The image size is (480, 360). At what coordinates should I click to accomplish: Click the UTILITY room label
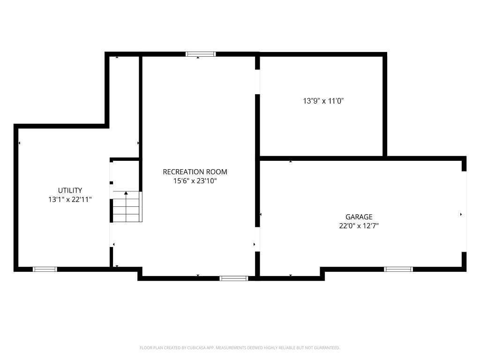tap(70, 190)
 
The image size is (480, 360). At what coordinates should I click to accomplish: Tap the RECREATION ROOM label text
tap(195, 172)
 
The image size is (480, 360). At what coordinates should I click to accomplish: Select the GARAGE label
tap(359, 217)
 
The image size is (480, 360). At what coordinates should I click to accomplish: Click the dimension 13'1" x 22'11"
tap(70, 199)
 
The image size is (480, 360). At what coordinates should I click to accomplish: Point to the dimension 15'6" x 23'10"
tap(195, 181)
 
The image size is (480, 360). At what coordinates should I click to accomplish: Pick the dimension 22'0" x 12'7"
tap(359, 225)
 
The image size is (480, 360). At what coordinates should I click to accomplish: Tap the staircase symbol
tap(127, 207)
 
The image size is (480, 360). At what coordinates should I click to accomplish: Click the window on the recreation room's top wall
tap(201, 54)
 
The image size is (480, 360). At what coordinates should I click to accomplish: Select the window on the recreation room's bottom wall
tap(233, 278)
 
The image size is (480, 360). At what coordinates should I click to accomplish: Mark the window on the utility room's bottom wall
tap(45, 269)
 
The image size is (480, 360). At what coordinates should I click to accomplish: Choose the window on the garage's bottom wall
tap(398, 269)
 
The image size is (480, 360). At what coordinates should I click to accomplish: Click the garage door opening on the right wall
tap(464, 211)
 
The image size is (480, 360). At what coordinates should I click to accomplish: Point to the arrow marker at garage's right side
tap(461, 214)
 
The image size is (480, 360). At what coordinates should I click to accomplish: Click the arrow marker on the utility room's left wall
tap(19, 143)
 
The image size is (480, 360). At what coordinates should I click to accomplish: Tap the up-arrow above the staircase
tap(126, 193)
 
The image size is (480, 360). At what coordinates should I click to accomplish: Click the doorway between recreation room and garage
tap(257, 239)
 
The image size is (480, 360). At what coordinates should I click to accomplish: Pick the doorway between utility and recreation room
tap(112, 234)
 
